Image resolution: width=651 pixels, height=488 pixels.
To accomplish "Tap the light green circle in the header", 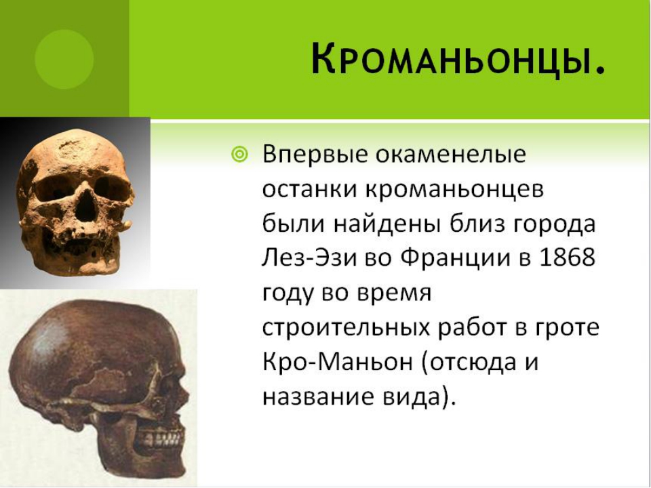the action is pyautogui.click(x=64, y=60).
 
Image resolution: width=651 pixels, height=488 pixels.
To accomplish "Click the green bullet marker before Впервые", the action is pyautogui.click(x=239, y=155).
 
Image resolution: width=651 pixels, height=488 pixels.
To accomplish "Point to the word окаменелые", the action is pyautogui.click(x=450, y=154).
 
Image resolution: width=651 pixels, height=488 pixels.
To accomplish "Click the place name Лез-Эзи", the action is pyautogui.click(x=309, y=258).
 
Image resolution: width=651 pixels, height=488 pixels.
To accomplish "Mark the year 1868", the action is pyautogui.click(x=567, y=258).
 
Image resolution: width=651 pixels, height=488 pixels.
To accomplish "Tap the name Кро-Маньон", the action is pyautogui.click(x=338, y=361).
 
